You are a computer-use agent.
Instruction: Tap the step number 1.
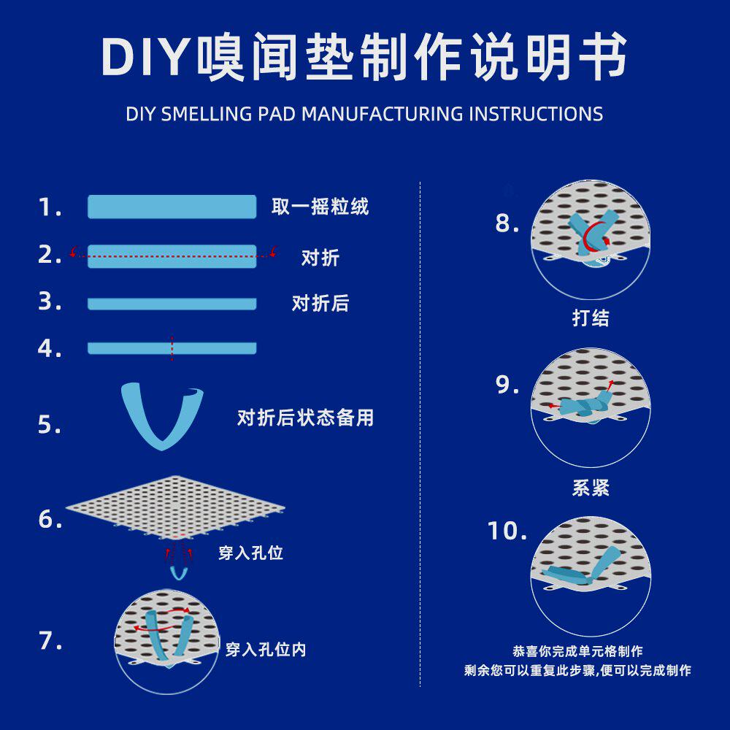pos(49,208)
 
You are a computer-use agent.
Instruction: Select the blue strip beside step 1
pos(172,207)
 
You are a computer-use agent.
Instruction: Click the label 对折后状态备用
pos(305,418)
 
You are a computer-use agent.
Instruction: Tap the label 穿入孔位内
pos(266,649)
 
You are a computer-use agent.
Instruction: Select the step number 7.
pos(50,641)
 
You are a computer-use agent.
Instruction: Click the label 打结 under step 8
pos(591,318)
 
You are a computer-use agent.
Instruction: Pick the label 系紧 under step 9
pos(591,488)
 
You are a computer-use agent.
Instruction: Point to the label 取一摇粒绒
pos(320,207)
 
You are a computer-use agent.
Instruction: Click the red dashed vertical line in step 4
pos(172,348)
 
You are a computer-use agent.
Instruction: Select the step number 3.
pos(50,301)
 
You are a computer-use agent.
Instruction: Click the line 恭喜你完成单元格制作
pos(577,651)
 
